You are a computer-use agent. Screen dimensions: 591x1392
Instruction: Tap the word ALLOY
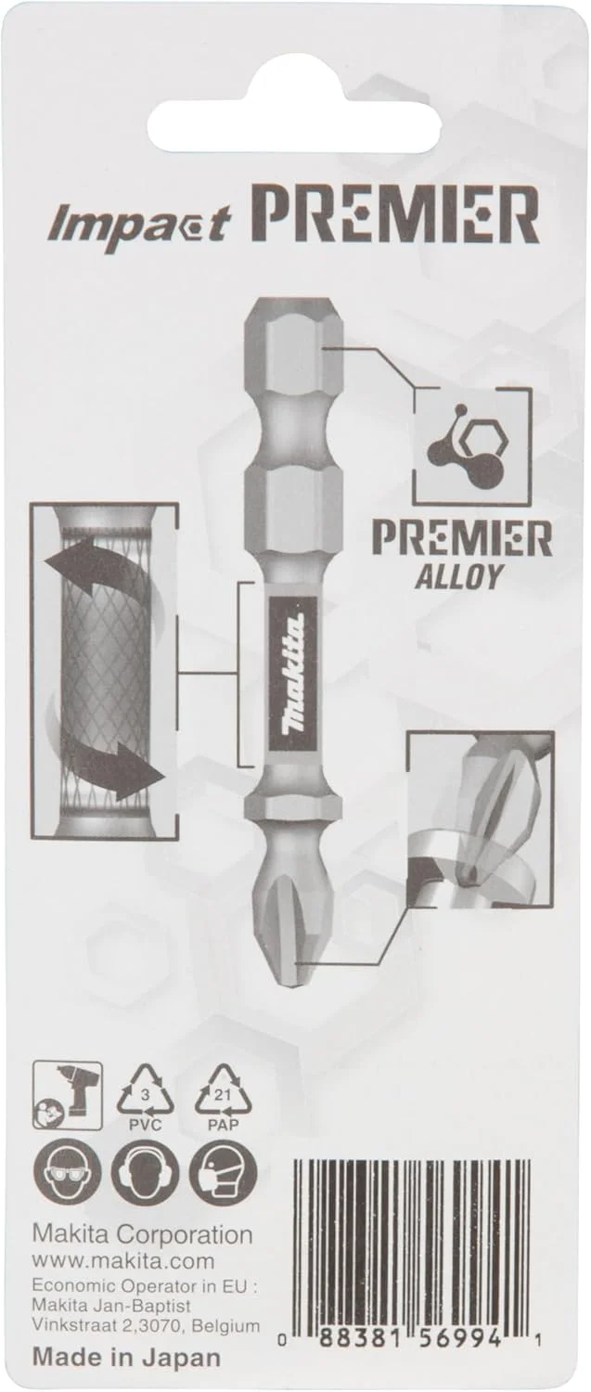(x=456, y=577)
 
